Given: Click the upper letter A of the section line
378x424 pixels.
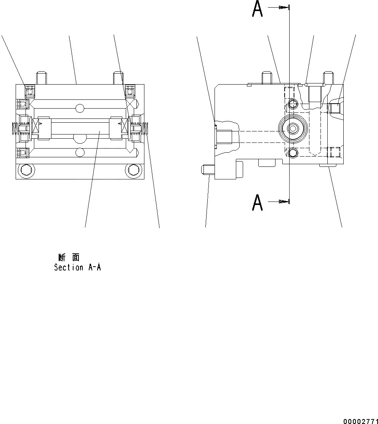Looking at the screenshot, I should click(x=258, y=11).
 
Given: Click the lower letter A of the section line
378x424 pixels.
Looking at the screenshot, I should click(x=258, y=203).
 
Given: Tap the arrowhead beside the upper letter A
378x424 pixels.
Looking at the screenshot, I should click(x=283, y=7).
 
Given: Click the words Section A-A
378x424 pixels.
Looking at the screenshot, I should click(x=77, y=267).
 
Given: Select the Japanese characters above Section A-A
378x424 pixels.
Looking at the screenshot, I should click(x=69, y=258).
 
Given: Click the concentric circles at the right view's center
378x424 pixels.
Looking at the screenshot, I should click(x=293, y=129).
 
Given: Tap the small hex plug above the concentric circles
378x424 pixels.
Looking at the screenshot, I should click(x=293, y=103).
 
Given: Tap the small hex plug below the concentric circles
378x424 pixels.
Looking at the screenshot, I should click(x=293, y=153).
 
